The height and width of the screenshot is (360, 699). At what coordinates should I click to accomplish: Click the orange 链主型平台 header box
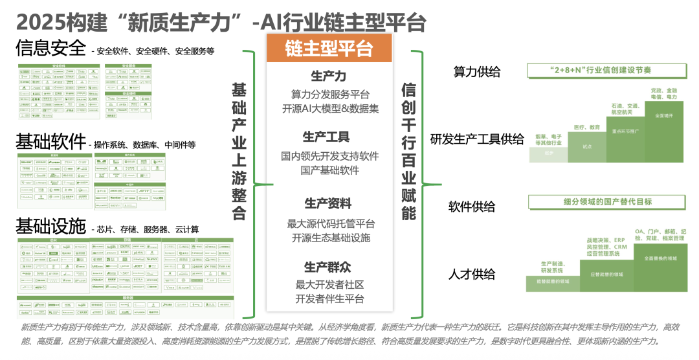point(329,49)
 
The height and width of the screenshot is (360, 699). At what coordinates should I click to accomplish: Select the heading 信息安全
point(50,48)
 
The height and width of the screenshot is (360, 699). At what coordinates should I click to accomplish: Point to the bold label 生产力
point(329,76)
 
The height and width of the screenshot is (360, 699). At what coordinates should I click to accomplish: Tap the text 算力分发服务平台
point(330,94)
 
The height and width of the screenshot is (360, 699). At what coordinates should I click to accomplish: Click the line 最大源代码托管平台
point(331,223)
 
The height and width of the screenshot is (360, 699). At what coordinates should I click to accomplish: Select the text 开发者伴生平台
point(329,298)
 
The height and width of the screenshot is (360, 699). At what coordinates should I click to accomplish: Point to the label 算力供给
point(477,73)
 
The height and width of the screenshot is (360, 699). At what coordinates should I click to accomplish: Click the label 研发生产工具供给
point(478,139)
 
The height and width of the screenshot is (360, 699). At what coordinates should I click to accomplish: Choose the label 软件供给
point(472,207)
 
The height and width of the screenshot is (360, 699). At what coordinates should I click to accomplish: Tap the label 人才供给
point(472,274)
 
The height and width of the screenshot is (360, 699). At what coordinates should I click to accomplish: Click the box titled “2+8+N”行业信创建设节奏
point(606,70)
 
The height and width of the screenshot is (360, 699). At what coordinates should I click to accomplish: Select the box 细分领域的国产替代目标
point(607,202)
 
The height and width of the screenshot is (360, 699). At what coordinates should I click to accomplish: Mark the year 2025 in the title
point(40,22)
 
